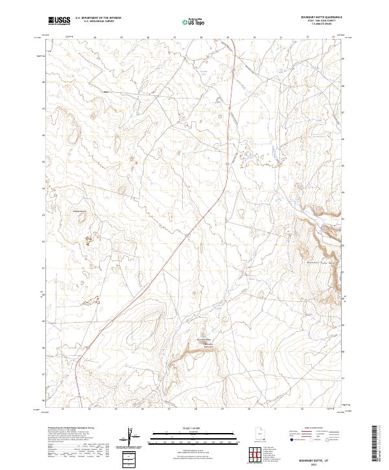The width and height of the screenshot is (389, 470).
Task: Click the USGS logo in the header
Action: point(59,21)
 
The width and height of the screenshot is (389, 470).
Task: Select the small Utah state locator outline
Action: point(259,434)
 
